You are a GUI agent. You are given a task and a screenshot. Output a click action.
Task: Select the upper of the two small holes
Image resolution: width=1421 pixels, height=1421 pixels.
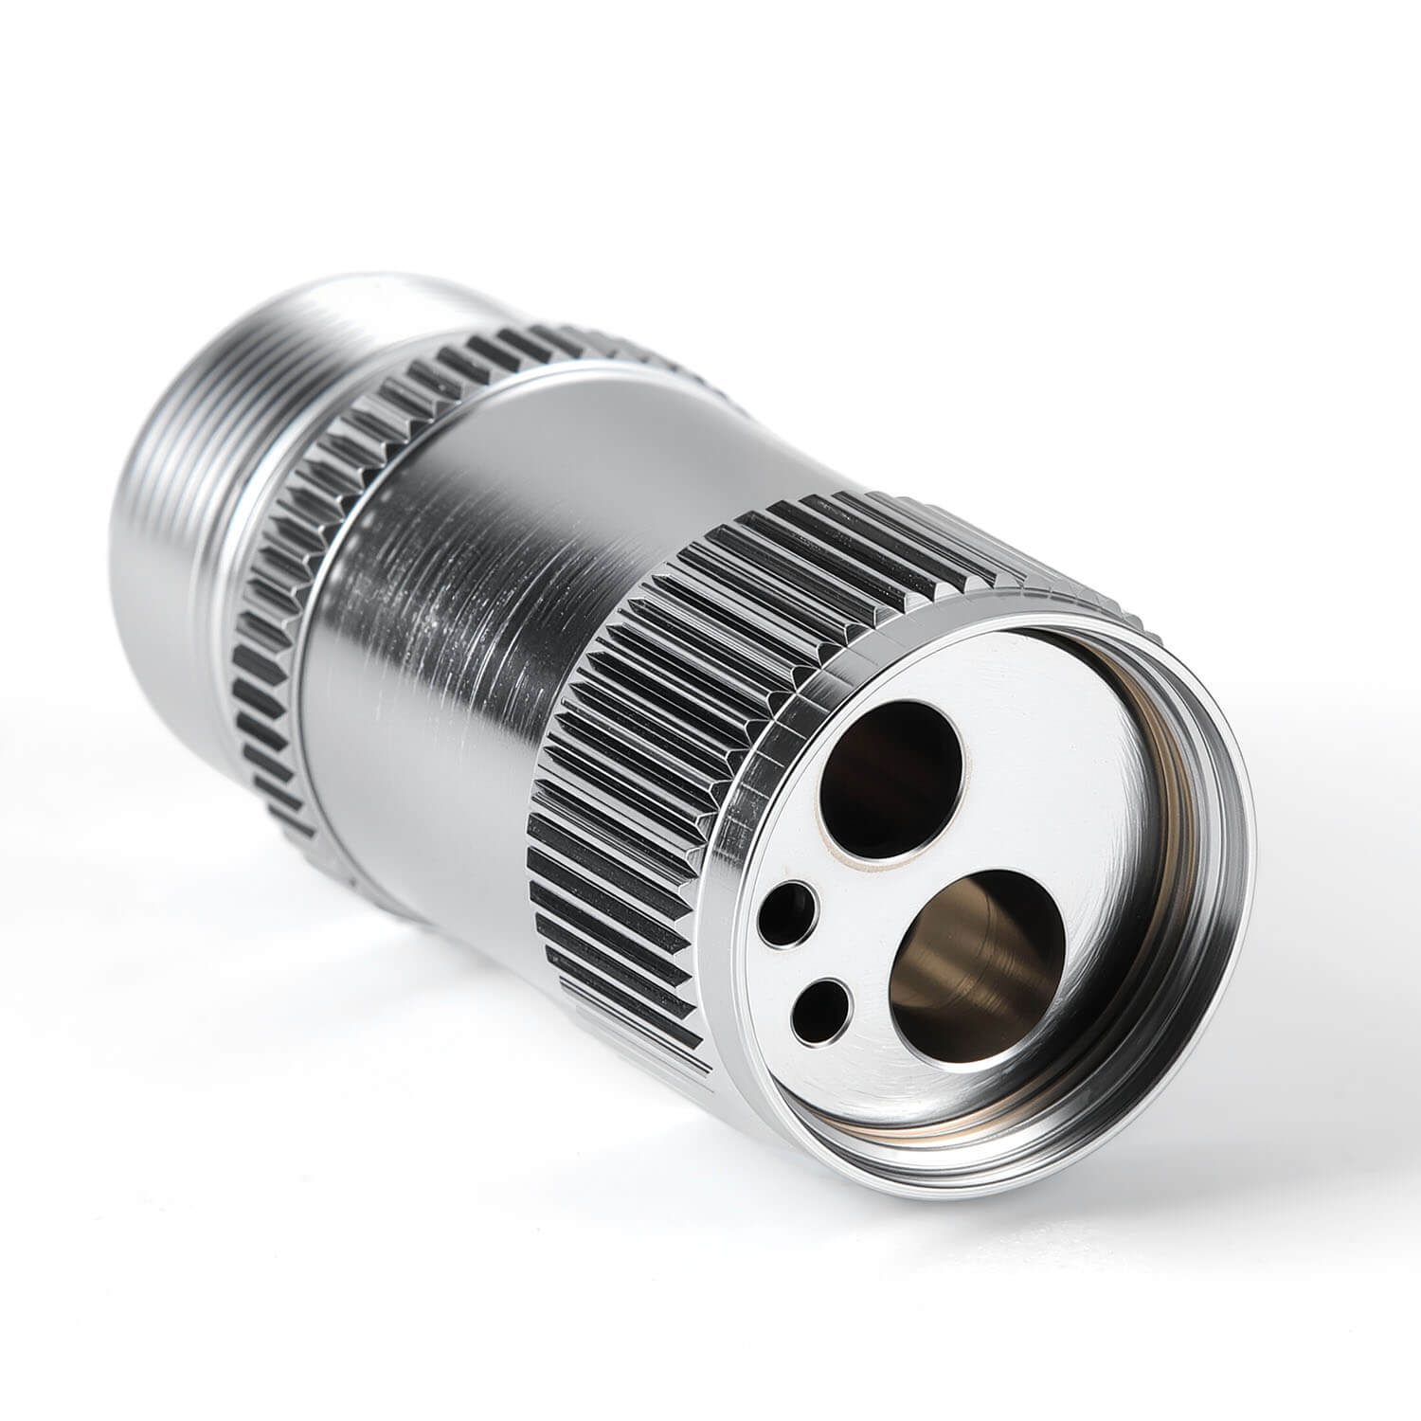coord(787,913)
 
